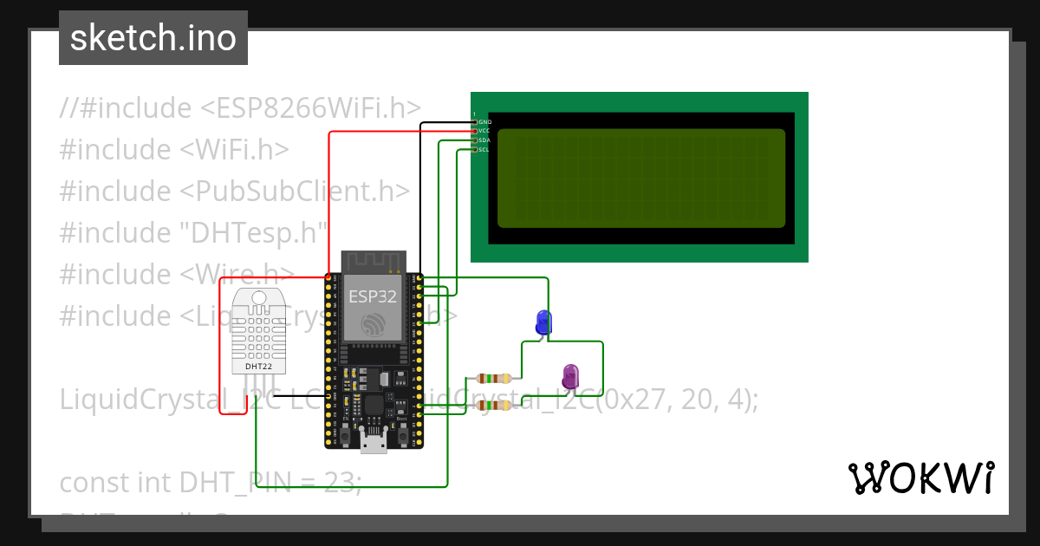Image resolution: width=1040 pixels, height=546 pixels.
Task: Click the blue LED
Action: coord(543,322)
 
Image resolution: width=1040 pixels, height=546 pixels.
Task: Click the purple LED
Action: coord(570,376)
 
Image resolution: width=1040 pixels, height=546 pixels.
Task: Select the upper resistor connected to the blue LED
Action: coord(494,378)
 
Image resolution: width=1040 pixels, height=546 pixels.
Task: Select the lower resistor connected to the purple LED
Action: coord(494,405)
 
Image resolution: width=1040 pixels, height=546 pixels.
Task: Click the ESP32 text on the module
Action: coord(373,296)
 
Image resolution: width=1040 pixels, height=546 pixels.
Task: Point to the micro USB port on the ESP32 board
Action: coord(374,444)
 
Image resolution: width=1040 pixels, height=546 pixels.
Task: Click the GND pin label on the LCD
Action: coord(484,122)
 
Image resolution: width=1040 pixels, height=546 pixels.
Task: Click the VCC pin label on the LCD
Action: coord(484,131)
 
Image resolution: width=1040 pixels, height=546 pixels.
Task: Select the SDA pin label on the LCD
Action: coord(484,140)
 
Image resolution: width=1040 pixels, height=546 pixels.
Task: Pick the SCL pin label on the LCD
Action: coord(484,150)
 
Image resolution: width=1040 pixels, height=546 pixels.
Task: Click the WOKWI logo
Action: coord(920,478)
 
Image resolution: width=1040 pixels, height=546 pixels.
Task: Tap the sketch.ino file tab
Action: coord(153,38)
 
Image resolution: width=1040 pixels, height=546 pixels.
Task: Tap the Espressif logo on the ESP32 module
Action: coord(374,325)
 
